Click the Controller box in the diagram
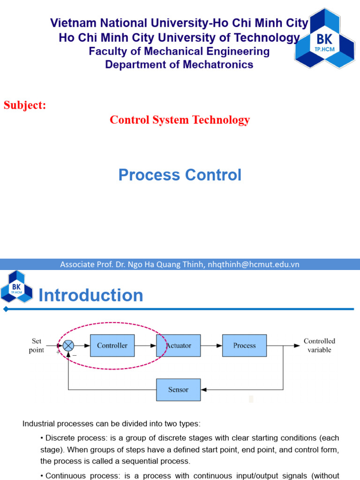pos(112,345)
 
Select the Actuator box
pos(179,345)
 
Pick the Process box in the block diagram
pos(244,345)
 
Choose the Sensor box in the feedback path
pos(178,390)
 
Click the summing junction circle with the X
pos(68,345)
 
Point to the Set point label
pos(37,345)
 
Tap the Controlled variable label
pos(319,345)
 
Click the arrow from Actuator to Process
pos(211,345)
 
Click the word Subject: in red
pos(25,105)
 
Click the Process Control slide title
pos(180,175)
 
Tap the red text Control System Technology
pos(180,120)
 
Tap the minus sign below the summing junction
pos(75,355)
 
